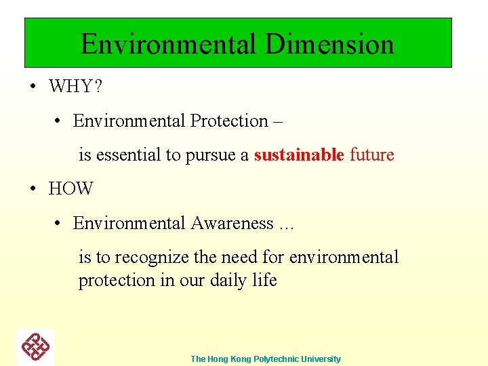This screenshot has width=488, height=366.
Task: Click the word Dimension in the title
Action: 329,44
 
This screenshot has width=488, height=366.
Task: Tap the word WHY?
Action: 75,87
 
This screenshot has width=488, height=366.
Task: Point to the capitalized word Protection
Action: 229,121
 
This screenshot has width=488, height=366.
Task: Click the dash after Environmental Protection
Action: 277,121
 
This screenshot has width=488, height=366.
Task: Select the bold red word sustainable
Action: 299,155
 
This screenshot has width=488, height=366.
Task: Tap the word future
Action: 371,155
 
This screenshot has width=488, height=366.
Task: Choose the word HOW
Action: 70,189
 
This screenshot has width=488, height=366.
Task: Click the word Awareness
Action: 232,223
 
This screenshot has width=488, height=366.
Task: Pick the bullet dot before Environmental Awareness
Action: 60,223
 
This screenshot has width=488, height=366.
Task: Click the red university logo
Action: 35,347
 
